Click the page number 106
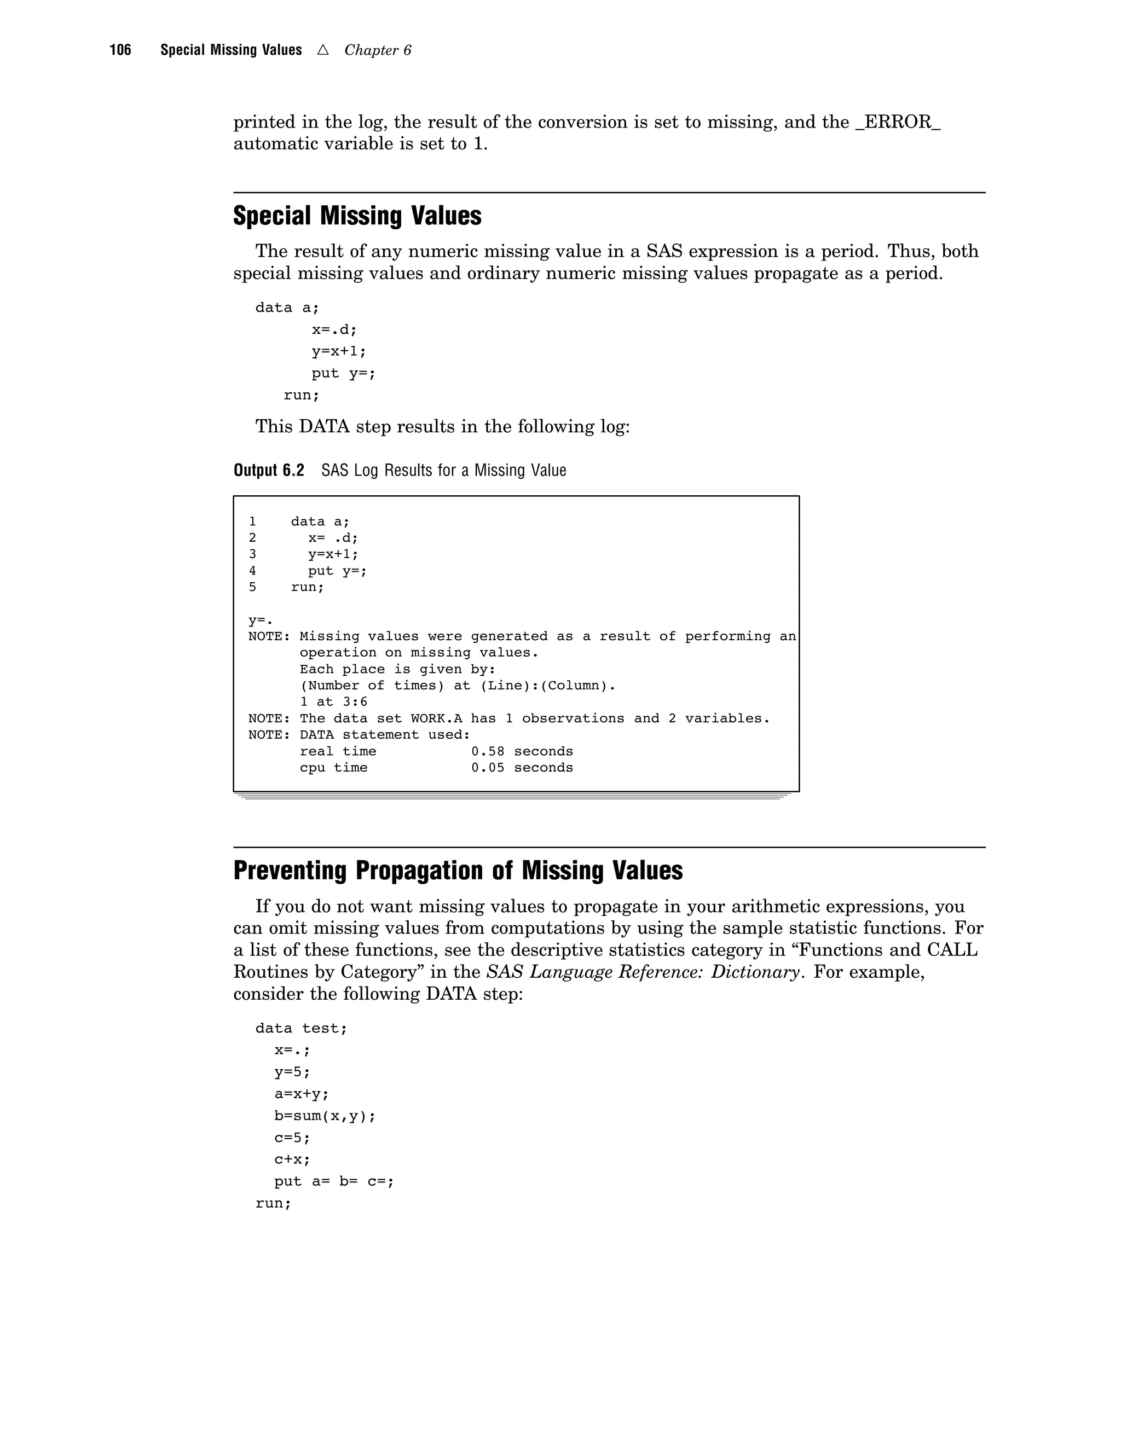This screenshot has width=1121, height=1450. coord(120,50)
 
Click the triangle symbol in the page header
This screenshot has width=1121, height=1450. coord(323,50)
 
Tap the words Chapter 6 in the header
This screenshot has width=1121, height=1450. coord(377,50)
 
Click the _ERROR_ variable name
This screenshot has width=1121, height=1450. coord(897,123)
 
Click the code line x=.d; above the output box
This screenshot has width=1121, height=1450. coord(334,329)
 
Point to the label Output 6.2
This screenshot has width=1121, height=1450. coord(268,470)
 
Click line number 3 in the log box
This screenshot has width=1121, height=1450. coord(252,554)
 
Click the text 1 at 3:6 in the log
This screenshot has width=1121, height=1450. coord(333,702)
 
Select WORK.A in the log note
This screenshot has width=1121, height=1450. coord(436,718)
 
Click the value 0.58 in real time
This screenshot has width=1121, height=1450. coord(488,751)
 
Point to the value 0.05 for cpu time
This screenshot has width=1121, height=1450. coord(488,768)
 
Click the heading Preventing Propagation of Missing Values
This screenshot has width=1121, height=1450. coord(458,871)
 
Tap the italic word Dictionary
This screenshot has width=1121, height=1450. coord(755,972)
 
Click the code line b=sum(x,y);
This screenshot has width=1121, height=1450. coord(325,1116)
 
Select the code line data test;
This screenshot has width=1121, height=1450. coord(301,1029)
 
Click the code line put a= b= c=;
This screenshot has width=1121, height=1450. coord(334,1181)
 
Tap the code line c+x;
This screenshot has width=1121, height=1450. coord(292,1159)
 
